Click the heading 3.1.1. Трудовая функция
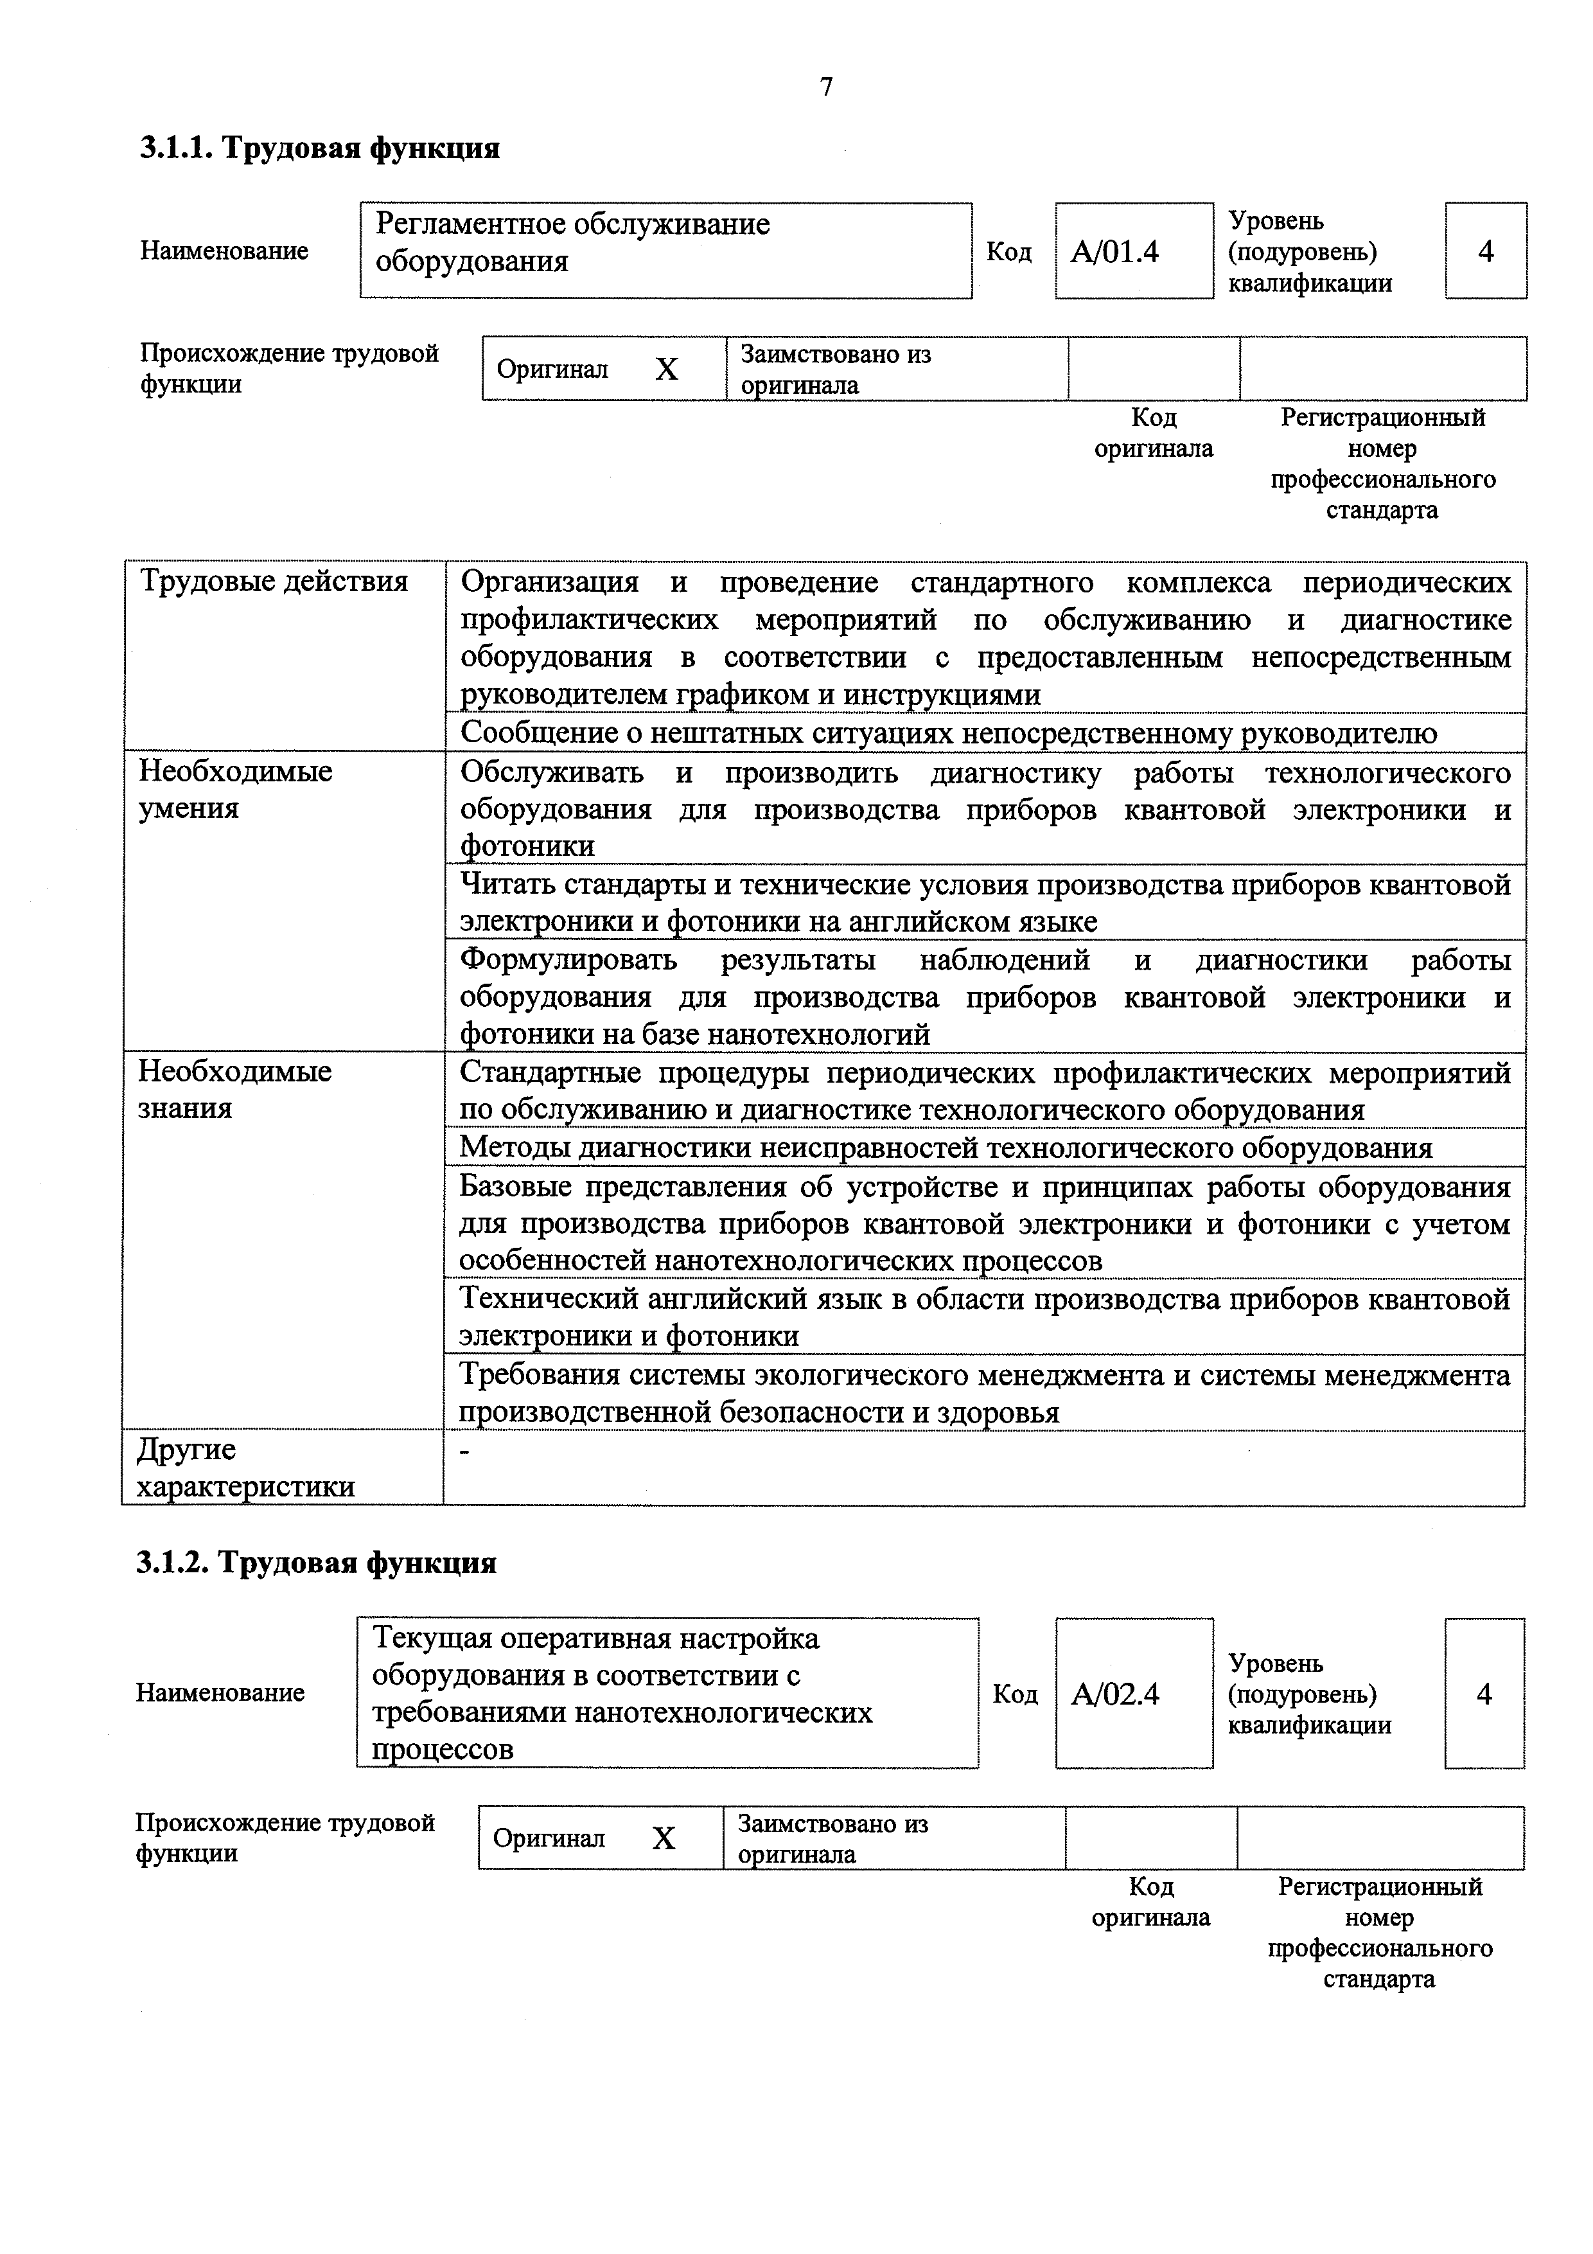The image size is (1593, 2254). (x=319, y=148)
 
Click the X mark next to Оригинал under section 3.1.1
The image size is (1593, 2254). (x=667, y=369)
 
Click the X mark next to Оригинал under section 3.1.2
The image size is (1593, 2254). (x=664, y=1838)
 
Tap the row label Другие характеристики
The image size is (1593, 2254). (x=245, y=1468)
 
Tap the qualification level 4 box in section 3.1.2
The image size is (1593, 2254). (x=1483, y=1694)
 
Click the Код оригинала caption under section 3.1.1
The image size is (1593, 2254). (x=1153, y=433)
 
